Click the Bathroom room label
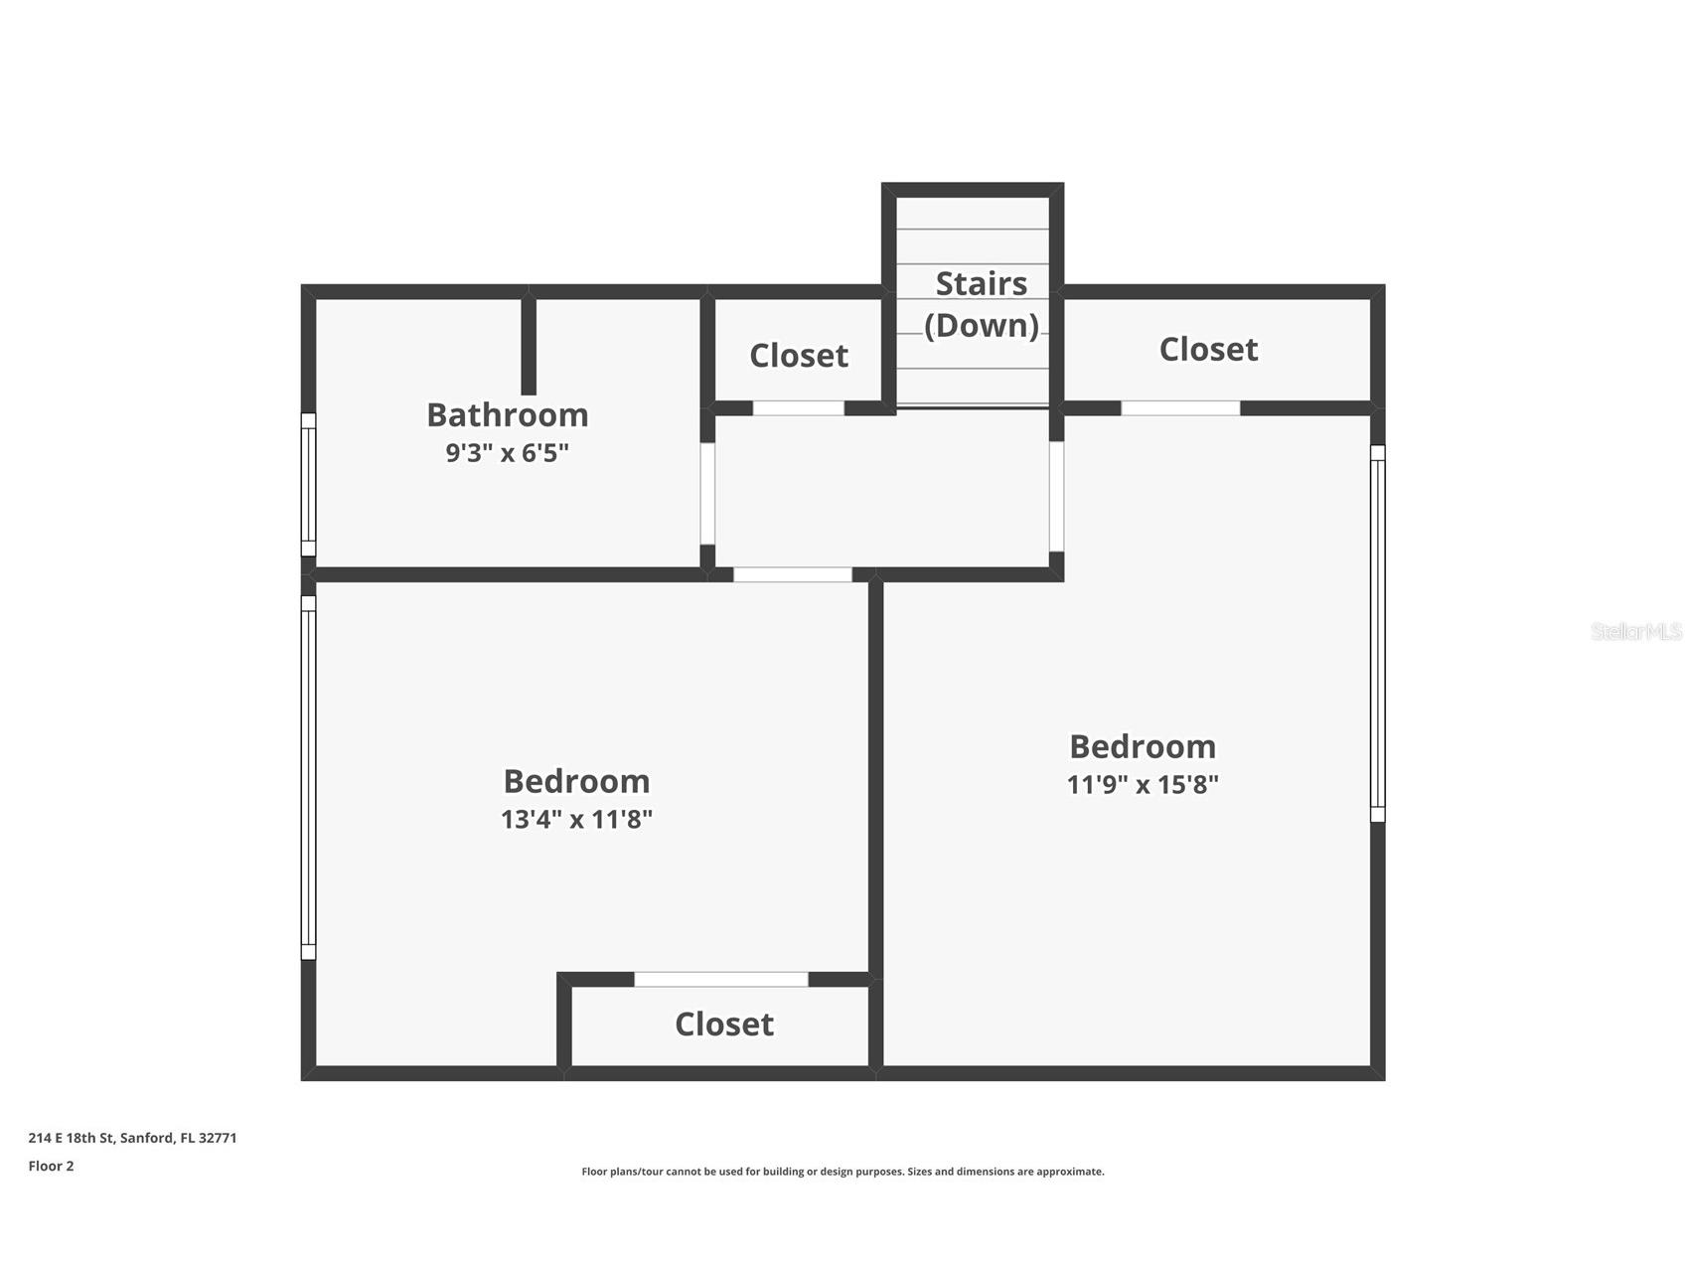(x=507, y=414)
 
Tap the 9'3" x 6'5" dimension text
(x=507, y=453)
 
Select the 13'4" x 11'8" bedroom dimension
(x=576, y=820)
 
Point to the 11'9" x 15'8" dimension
(x=1143, y=785)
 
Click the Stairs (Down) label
(x=982, y=304)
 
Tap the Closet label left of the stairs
(x=799, y=356)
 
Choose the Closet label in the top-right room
(x=1208, y=350)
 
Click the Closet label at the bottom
(x=724, y=1025)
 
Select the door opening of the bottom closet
(x=721, y=980)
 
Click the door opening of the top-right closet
(x=1180, y=408)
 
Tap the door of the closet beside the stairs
(x=799, y=408)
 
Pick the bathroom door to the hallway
(x=707, y=493)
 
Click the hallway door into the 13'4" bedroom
(x=793, y=575)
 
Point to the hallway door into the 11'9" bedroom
(x=1057, y=496)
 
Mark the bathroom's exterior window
(x=308, y=485)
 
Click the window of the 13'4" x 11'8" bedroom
(x=308, y=777)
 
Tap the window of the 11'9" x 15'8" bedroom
(x=1378, y=634)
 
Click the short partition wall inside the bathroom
(x=529, y=346)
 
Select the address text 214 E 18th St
(x=72, y=1138)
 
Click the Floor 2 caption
(x=51, y=1167)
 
